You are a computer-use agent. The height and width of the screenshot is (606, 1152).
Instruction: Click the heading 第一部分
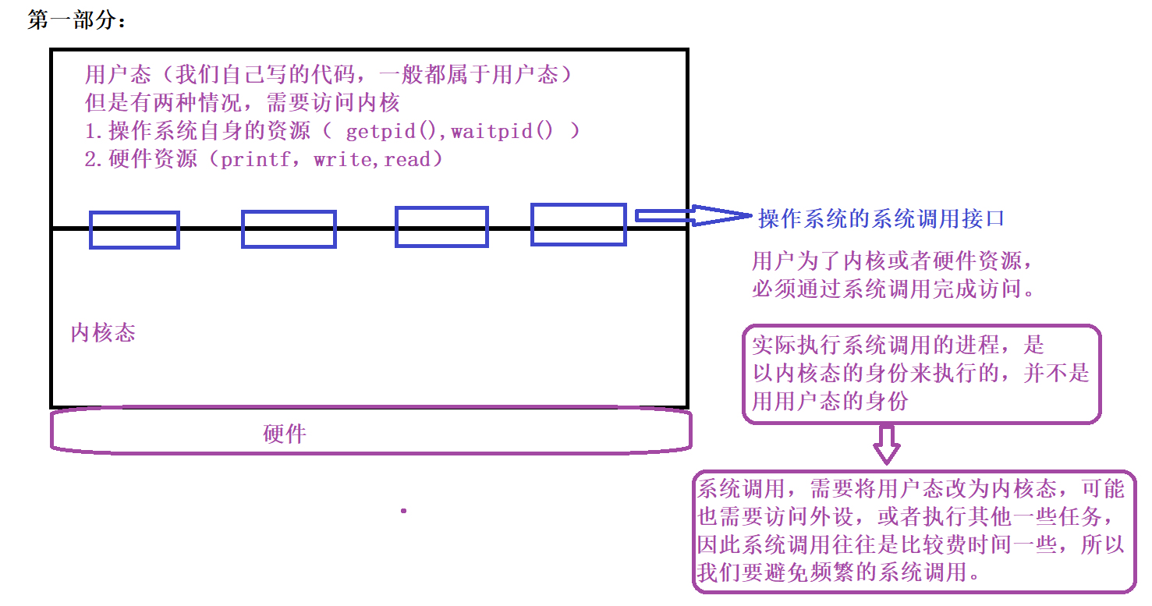[x=76, y=21]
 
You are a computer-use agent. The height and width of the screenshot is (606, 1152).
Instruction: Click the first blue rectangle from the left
[x=134, y=230]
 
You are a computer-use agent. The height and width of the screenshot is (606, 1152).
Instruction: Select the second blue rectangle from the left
[x=289, y=229]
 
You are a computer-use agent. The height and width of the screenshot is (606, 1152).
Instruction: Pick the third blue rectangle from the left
[x=441, y=227]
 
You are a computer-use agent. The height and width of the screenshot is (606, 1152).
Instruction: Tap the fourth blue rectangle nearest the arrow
[x=579, y=225]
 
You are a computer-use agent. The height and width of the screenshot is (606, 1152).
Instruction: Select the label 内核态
[x=103, y=334]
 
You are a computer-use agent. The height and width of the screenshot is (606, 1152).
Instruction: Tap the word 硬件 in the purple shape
[x=285, y=434]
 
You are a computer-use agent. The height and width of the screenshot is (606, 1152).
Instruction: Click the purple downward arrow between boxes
[x=886, y=444]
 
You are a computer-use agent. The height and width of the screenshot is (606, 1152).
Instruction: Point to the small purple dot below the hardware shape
[x=403, y=511]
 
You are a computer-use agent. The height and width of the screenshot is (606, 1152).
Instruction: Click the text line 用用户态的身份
[x=830, y=402]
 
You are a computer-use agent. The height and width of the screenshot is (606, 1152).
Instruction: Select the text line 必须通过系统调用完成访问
[x=892, y=289]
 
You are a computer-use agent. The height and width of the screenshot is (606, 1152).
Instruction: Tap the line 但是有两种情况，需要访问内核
[x=243, y=103]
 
